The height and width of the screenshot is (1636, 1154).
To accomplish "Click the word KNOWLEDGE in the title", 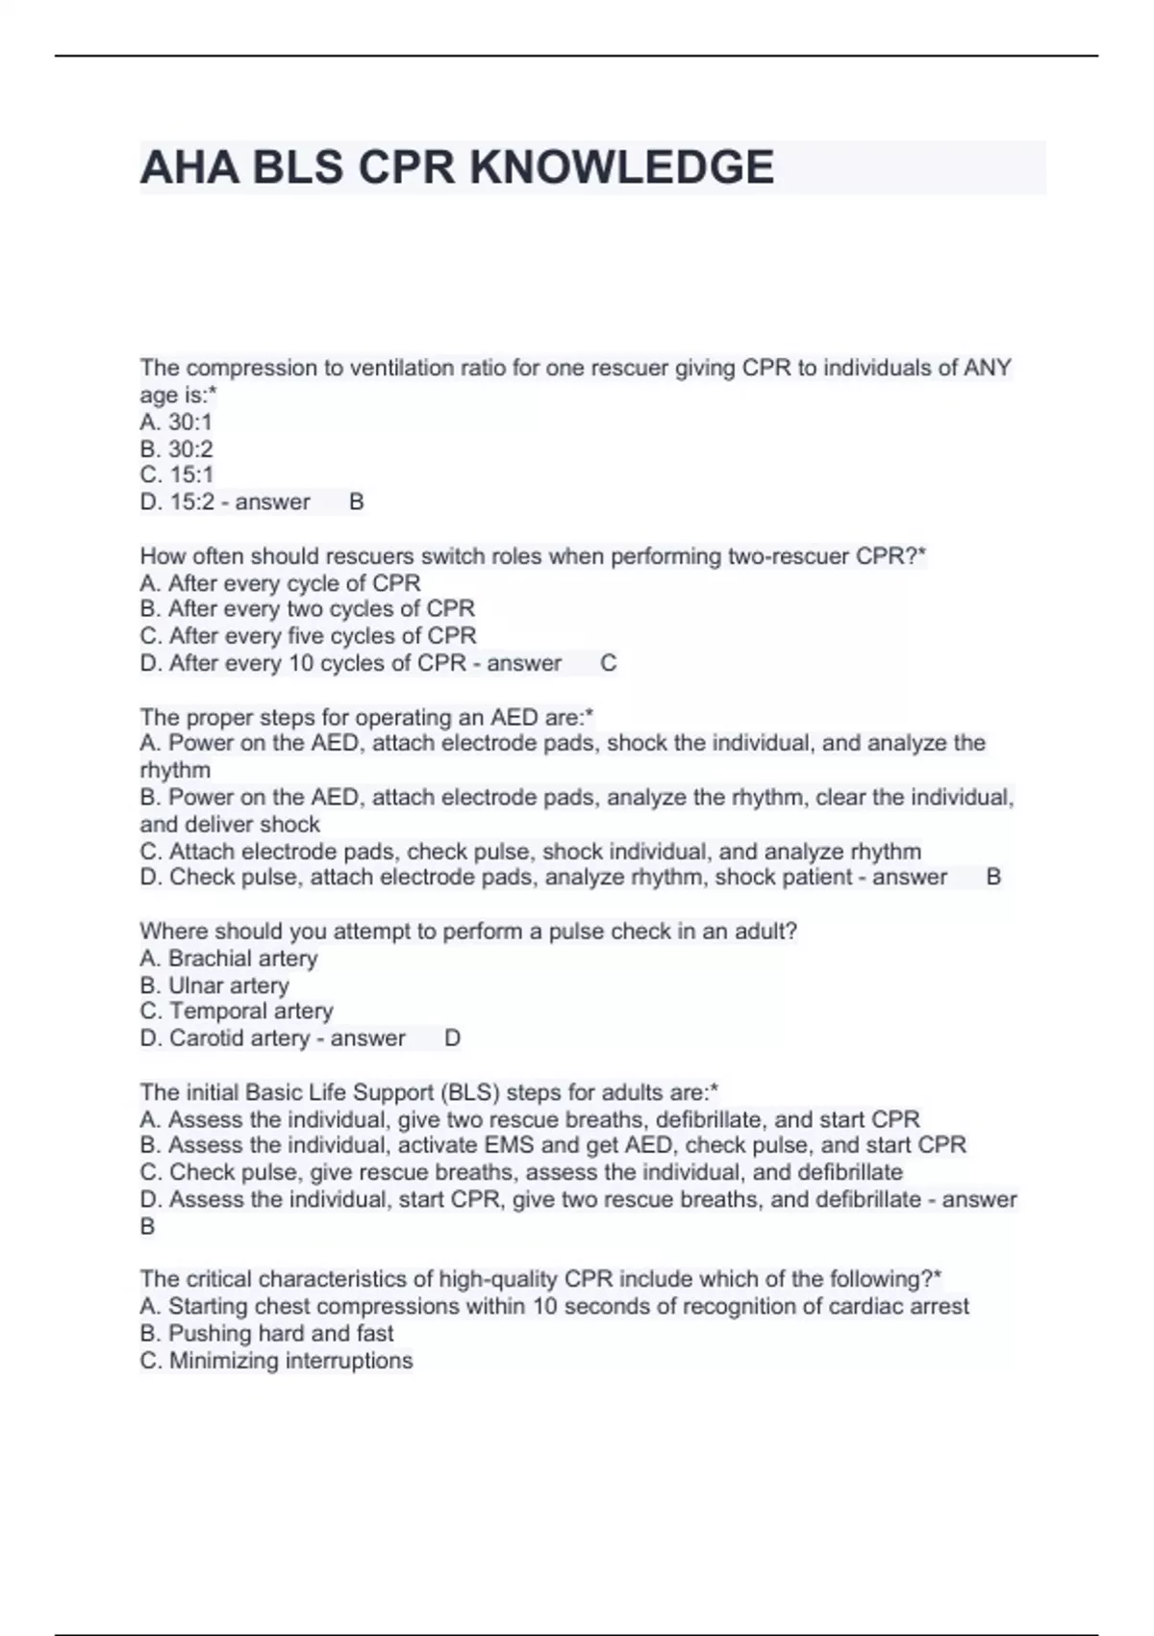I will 621,167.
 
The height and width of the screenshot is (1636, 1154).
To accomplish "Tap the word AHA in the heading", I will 188,167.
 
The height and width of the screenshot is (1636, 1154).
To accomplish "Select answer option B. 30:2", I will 176,448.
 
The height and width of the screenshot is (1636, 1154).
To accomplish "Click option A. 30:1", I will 176,422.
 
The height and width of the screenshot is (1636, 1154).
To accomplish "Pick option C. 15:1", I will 176,474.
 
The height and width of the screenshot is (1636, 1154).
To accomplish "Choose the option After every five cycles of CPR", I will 308,636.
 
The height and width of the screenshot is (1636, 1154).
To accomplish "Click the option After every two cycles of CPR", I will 307,609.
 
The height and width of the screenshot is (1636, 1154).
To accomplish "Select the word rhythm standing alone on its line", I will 175,770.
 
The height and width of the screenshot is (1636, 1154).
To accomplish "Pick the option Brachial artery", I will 229,959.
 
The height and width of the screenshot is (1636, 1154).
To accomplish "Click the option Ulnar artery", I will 214,985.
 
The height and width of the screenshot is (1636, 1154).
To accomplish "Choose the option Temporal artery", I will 237,1011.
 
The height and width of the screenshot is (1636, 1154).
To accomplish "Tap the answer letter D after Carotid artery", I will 453,1038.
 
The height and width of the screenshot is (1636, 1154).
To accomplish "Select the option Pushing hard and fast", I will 266,1333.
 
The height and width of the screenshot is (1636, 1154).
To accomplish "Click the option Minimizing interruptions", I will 276,1361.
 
